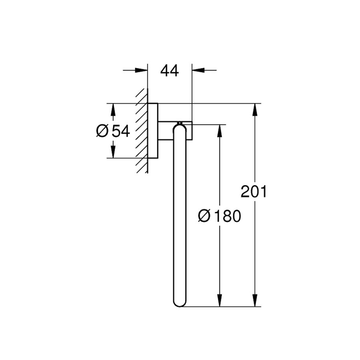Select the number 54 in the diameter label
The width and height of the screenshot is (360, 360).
click(121, 131)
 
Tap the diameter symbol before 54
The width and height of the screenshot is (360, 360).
click(102, 131)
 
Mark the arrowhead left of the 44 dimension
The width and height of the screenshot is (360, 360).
click(142, 71)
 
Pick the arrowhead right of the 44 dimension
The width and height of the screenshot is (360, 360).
click(198, 71)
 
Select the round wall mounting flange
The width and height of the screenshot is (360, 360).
click(153, 131)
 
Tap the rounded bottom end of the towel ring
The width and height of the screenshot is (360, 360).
click(179, 303)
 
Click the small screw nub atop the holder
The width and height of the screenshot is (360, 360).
click(180, 122)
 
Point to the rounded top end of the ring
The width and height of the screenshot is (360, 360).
click(179, 128)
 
